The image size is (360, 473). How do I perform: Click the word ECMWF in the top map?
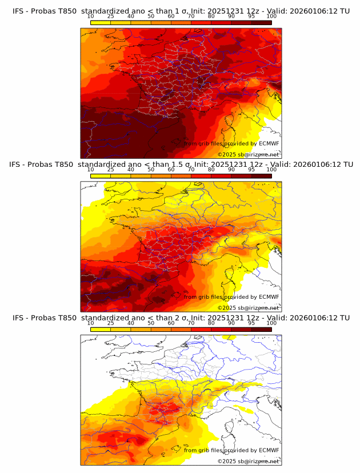tap(269, 143)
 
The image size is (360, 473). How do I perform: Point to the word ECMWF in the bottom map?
tap(269, 450)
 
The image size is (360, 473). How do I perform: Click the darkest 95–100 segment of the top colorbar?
tap(261, 22)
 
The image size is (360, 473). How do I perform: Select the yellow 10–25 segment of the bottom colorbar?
tap(101, 329)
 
